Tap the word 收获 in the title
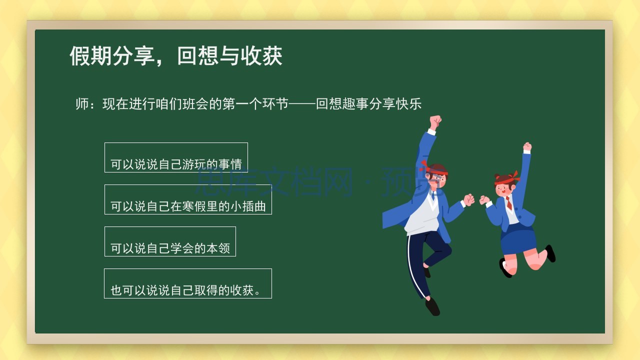coord(261,55)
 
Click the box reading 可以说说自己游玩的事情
coord(176,157)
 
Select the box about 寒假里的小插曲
coord(188,199)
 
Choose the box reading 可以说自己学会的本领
coord(170,241)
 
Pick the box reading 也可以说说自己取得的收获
coord(187,283)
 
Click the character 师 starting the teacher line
coord(82,104)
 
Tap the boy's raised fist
coord(435,122)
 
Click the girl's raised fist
coord(527,147)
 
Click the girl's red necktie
coord(509,203)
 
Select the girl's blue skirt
coord(519,239)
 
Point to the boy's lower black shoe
coord(432,306)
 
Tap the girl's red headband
coord(506,179)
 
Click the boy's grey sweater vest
coord(422,215)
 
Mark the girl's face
coord(503,190)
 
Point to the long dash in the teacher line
coord(302,104)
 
